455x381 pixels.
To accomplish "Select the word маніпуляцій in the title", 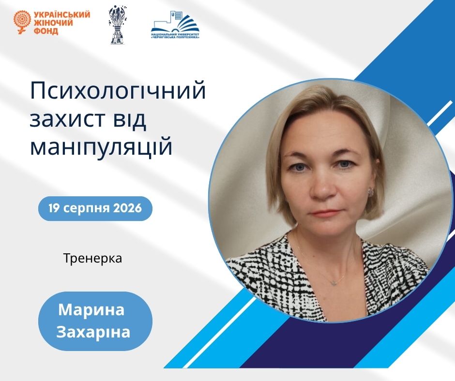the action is tap(101, 147).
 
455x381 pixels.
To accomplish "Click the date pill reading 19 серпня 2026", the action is tap(95, 208).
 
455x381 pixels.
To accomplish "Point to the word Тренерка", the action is tap(92, 258).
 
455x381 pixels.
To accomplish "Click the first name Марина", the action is tap(91, 309).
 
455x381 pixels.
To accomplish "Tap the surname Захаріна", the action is tap(93, 332).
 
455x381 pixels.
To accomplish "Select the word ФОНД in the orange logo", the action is tap(46, 31).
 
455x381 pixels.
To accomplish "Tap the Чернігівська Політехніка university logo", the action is tap(176, 25).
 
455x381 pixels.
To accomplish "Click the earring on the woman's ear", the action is tap(371, 191).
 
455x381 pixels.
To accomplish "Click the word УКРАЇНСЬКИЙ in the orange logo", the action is tap(62, 15).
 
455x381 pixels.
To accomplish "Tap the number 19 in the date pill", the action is tap(54, 208).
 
